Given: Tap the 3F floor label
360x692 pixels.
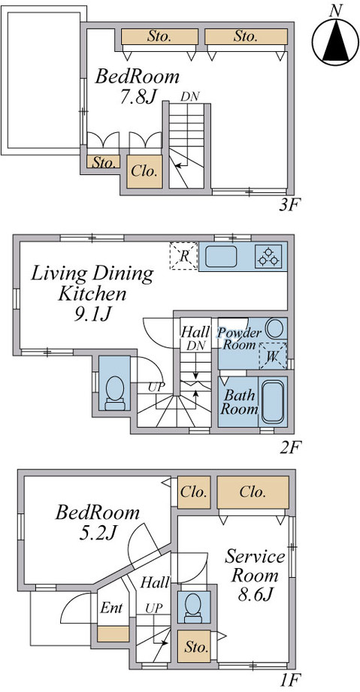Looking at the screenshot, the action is click(289, 205).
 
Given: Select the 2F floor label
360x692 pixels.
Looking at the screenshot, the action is click(289, 449).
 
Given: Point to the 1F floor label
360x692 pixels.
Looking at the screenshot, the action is click(289, 681).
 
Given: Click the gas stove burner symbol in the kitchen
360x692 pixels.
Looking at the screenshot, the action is click(268, 256).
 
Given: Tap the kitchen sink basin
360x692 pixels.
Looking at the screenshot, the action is click(221, 256).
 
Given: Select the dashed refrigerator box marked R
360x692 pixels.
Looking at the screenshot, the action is click(183, 255).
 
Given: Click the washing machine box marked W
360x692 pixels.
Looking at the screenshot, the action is click(273, 355).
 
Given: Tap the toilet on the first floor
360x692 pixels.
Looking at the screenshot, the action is click(193, 608).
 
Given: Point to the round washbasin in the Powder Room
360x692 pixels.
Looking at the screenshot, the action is click(276, 329).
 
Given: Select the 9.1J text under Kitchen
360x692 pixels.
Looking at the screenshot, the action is click(92, 314).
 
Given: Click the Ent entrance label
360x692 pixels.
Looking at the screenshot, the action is click(111, 608).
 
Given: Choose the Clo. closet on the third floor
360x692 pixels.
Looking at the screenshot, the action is click(144, 171).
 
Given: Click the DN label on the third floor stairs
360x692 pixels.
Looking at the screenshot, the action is click(190, 97).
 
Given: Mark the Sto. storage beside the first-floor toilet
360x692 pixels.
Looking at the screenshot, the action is click(195, 647).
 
